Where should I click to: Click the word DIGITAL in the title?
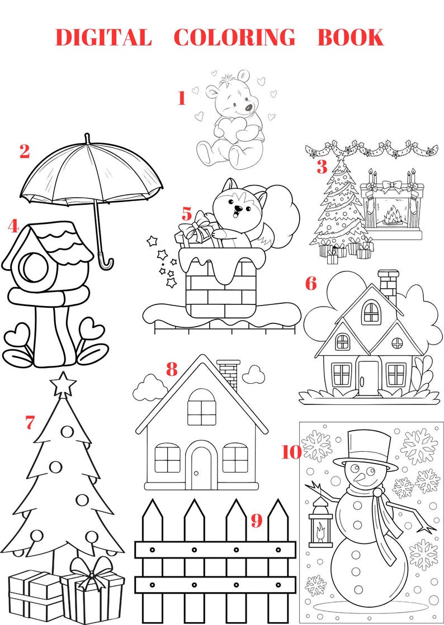tap(103, 37)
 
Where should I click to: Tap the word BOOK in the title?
tap(350, 37)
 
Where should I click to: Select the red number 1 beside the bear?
tap(181, 98)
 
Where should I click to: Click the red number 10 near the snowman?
tap(291, 452)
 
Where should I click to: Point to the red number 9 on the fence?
tap(256, 521)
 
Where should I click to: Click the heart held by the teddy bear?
tap(230, 129)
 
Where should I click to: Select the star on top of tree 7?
tap(63, 384)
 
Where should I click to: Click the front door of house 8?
tap(201, 468)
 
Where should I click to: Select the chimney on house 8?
tap(228, 374)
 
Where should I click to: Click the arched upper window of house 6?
tap(371, 312)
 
